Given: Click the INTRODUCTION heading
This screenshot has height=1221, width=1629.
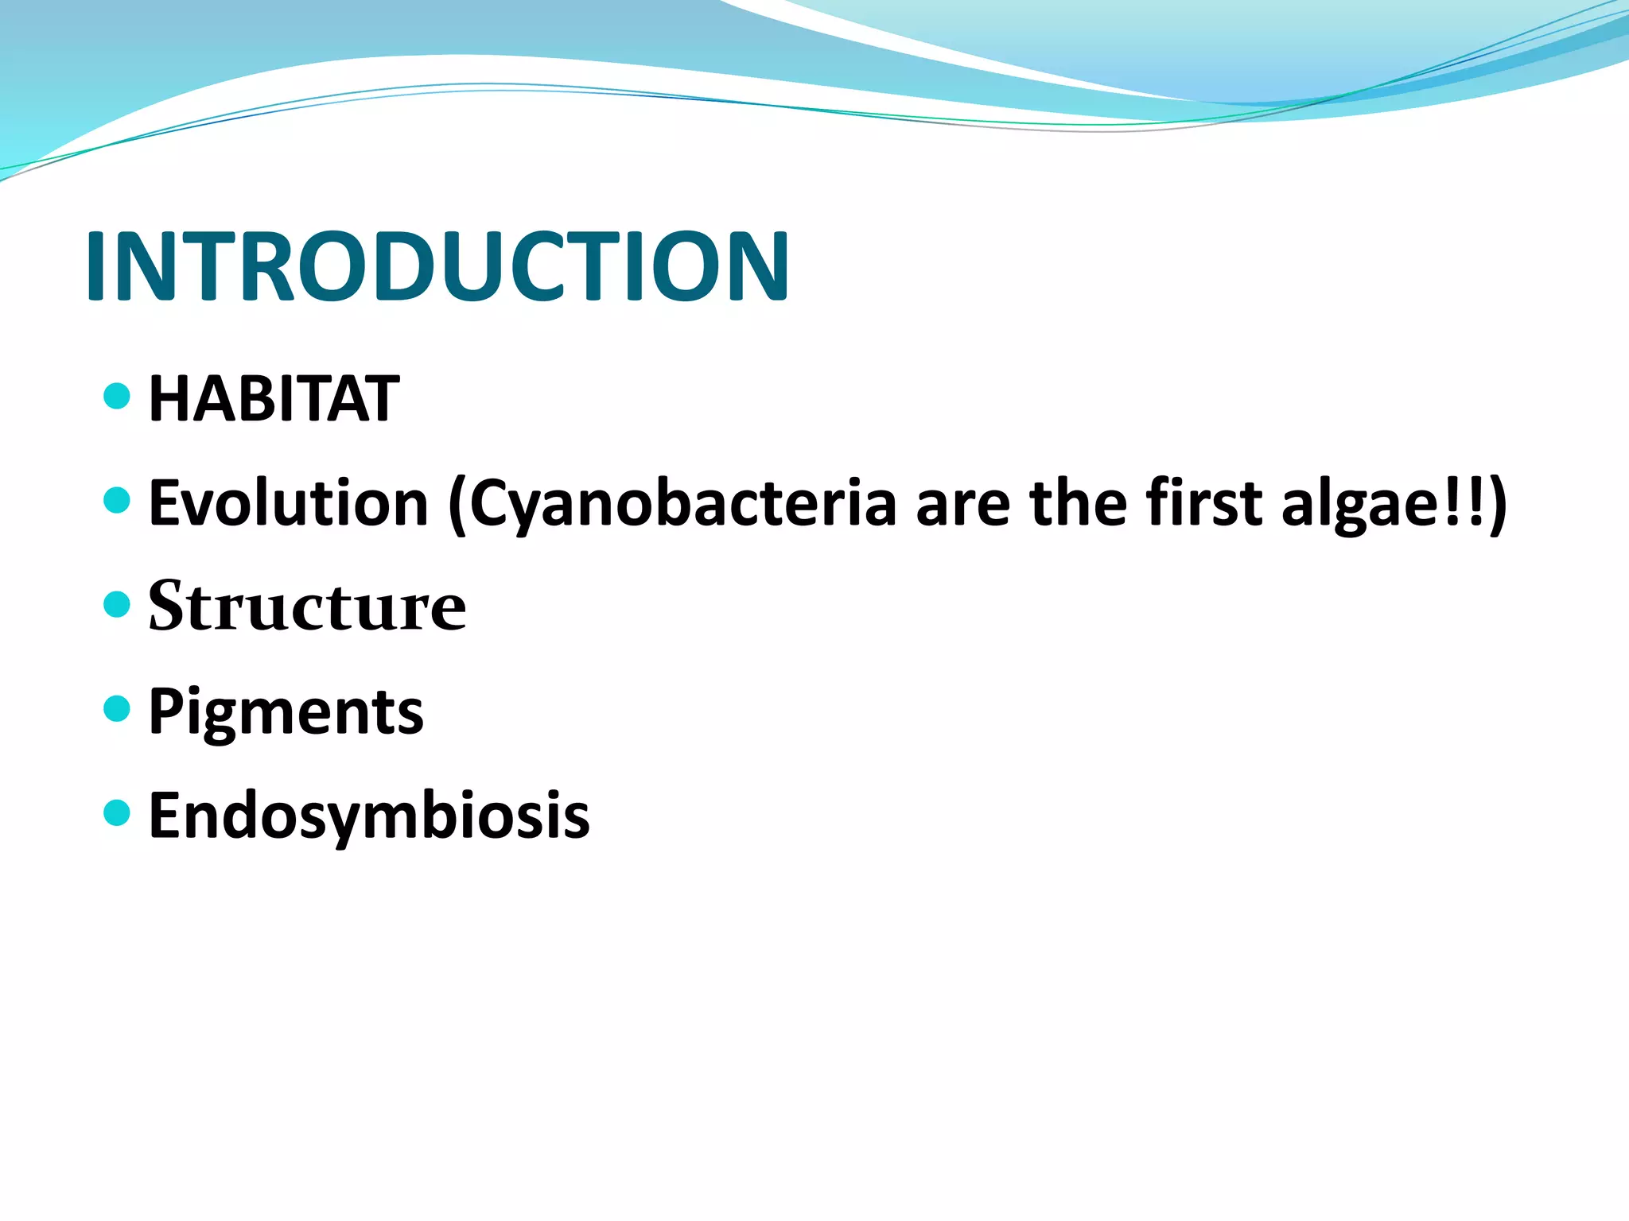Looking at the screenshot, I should pos(437,266).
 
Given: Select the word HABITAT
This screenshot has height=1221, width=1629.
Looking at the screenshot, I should pos(274,398).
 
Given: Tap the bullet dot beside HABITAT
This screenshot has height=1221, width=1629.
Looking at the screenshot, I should pos(117,395).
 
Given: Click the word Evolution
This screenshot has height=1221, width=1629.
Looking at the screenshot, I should pos(289,503).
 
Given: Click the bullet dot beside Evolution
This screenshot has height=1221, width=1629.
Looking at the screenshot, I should pos(117,500).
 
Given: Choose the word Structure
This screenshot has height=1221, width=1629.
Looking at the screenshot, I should pos(307,607).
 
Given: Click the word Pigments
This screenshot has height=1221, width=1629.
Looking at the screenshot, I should pos(286,712).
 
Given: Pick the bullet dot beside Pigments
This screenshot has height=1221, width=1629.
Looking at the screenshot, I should pos(117,708).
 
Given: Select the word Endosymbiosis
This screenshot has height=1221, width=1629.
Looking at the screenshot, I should pos(369,816).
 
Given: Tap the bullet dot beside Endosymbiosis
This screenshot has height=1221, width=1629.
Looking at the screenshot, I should pos(117,812).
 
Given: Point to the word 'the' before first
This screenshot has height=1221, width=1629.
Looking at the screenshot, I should pos(1079,503).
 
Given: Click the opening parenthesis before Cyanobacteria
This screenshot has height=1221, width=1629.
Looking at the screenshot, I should pos(457,506).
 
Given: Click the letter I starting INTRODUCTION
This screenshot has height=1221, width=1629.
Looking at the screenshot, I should pos(96,266).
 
